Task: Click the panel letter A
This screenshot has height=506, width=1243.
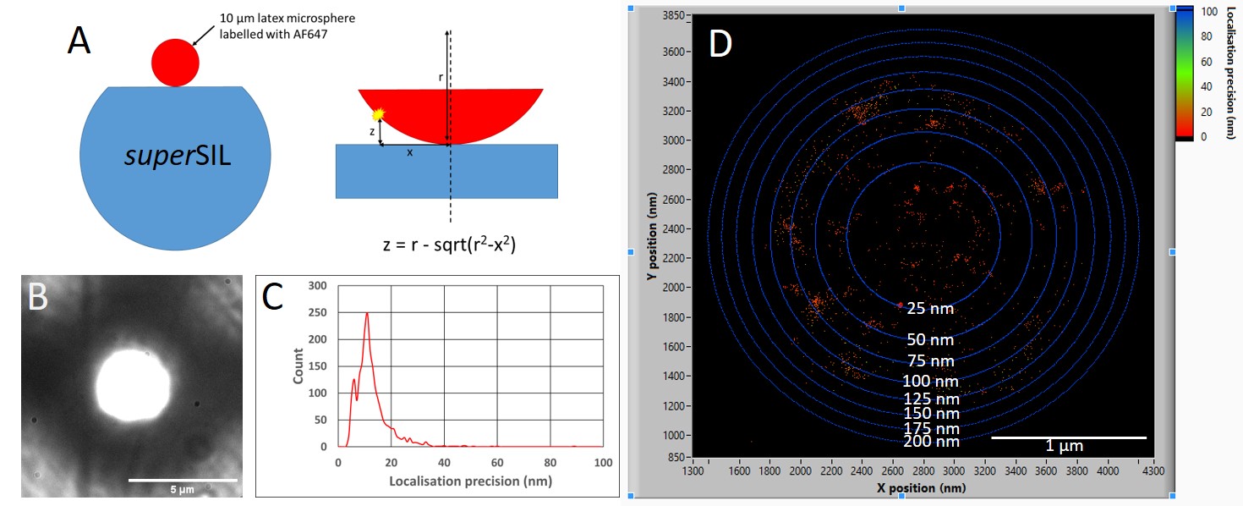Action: [x=79, y=41]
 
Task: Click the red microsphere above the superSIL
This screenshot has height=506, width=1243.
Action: [x=175, y=62]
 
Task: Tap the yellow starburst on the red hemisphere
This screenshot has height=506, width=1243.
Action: [x=378, y=113]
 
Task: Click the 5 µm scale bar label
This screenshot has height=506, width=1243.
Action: [x=181, y=489]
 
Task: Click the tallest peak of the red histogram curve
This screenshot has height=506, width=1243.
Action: [x=367, y=313]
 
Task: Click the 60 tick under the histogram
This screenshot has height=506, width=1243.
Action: [x=497, y=463]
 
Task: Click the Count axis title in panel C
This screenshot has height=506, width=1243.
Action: [x=298, y=366]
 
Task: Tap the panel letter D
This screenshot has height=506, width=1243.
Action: [x=720, y=43]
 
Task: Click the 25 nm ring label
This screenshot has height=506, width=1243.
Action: [x=930, y=309]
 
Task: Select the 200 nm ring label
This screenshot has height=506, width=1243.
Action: [x=931, y=441]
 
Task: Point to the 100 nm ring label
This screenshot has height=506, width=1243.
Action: [x=930, y=381]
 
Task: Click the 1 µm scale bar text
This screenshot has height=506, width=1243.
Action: [x=1063, y=446]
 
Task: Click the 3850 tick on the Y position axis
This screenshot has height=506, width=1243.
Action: [x=673, y=16]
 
